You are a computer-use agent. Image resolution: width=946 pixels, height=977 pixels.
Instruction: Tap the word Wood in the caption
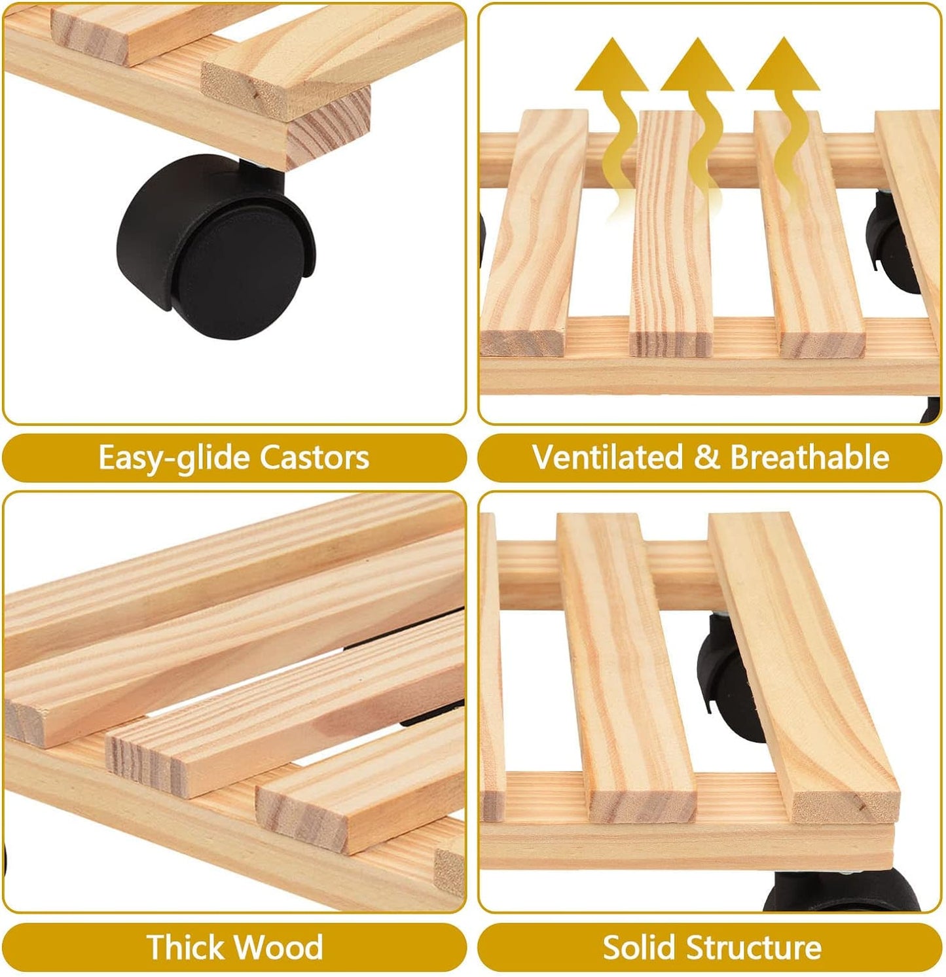coord(280,946)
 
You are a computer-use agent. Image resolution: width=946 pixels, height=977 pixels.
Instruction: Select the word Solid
coord(640,946)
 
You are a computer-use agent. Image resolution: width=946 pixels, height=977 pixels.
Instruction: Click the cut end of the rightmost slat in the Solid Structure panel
coord(845,802)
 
